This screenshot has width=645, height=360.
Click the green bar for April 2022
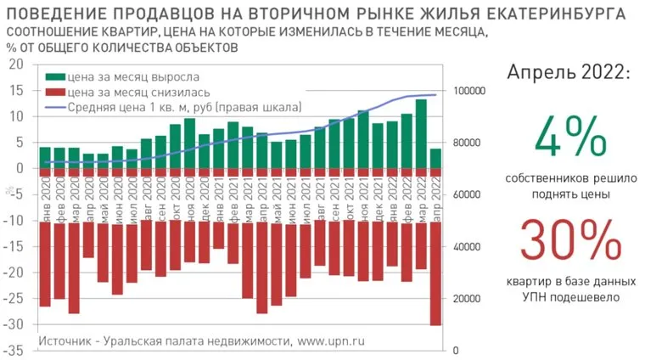click(435, 159)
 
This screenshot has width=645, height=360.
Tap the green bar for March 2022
click(421, 134)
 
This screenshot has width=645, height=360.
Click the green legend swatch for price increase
click(55, 76)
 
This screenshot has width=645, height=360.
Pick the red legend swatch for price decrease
click(55, 92)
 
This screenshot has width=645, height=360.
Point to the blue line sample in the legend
click(55, 107)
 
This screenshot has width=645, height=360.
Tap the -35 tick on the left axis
click(14, 351)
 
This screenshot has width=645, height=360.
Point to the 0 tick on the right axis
click(456, 351)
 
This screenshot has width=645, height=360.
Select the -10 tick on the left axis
click(14, 221)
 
